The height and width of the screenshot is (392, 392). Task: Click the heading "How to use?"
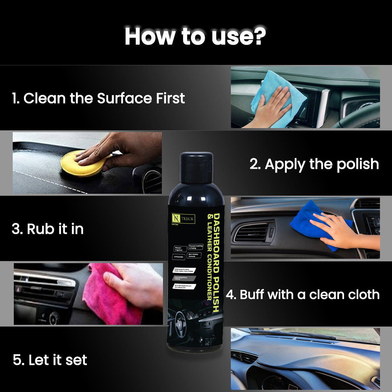(195, 36)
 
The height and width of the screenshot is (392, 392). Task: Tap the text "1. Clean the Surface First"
(98, 98)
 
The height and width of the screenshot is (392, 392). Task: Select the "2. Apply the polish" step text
(314, 164)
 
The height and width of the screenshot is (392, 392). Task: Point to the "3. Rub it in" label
(48, 229)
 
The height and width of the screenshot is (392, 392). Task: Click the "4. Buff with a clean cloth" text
(303, 294)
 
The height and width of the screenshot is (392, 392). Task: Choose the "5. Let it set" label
(50, 360)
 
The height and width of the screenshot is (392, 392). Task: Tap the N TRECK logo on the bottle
(183, 219)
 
